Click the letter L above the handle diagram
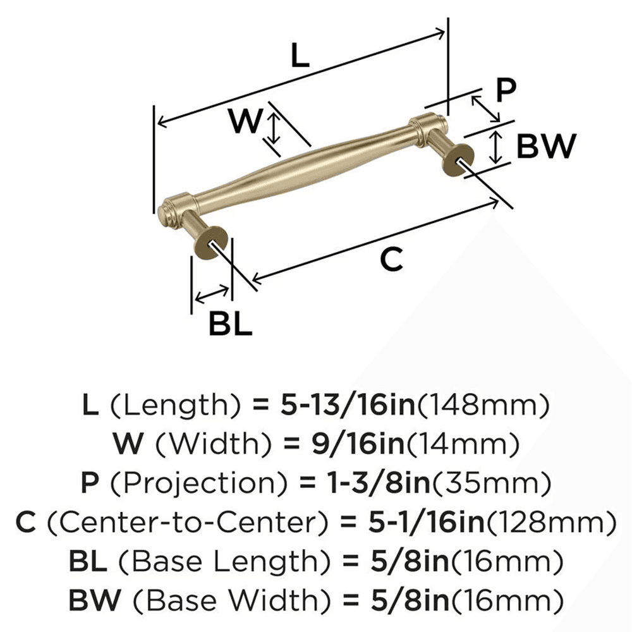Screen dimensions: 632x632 pos(300,57)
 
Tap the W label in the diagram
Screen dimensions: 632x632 pos(245,121)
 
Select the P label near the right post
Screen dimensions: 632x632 pos(505,90)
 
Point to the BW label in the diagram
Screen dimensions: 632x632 pos(546,147)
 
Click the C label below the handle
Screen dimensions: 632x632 pos(391,259)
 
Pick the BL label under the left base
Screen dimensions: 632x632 pos(230,325)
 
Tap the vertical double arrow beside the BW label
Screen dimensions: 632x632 pos(497,147)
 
